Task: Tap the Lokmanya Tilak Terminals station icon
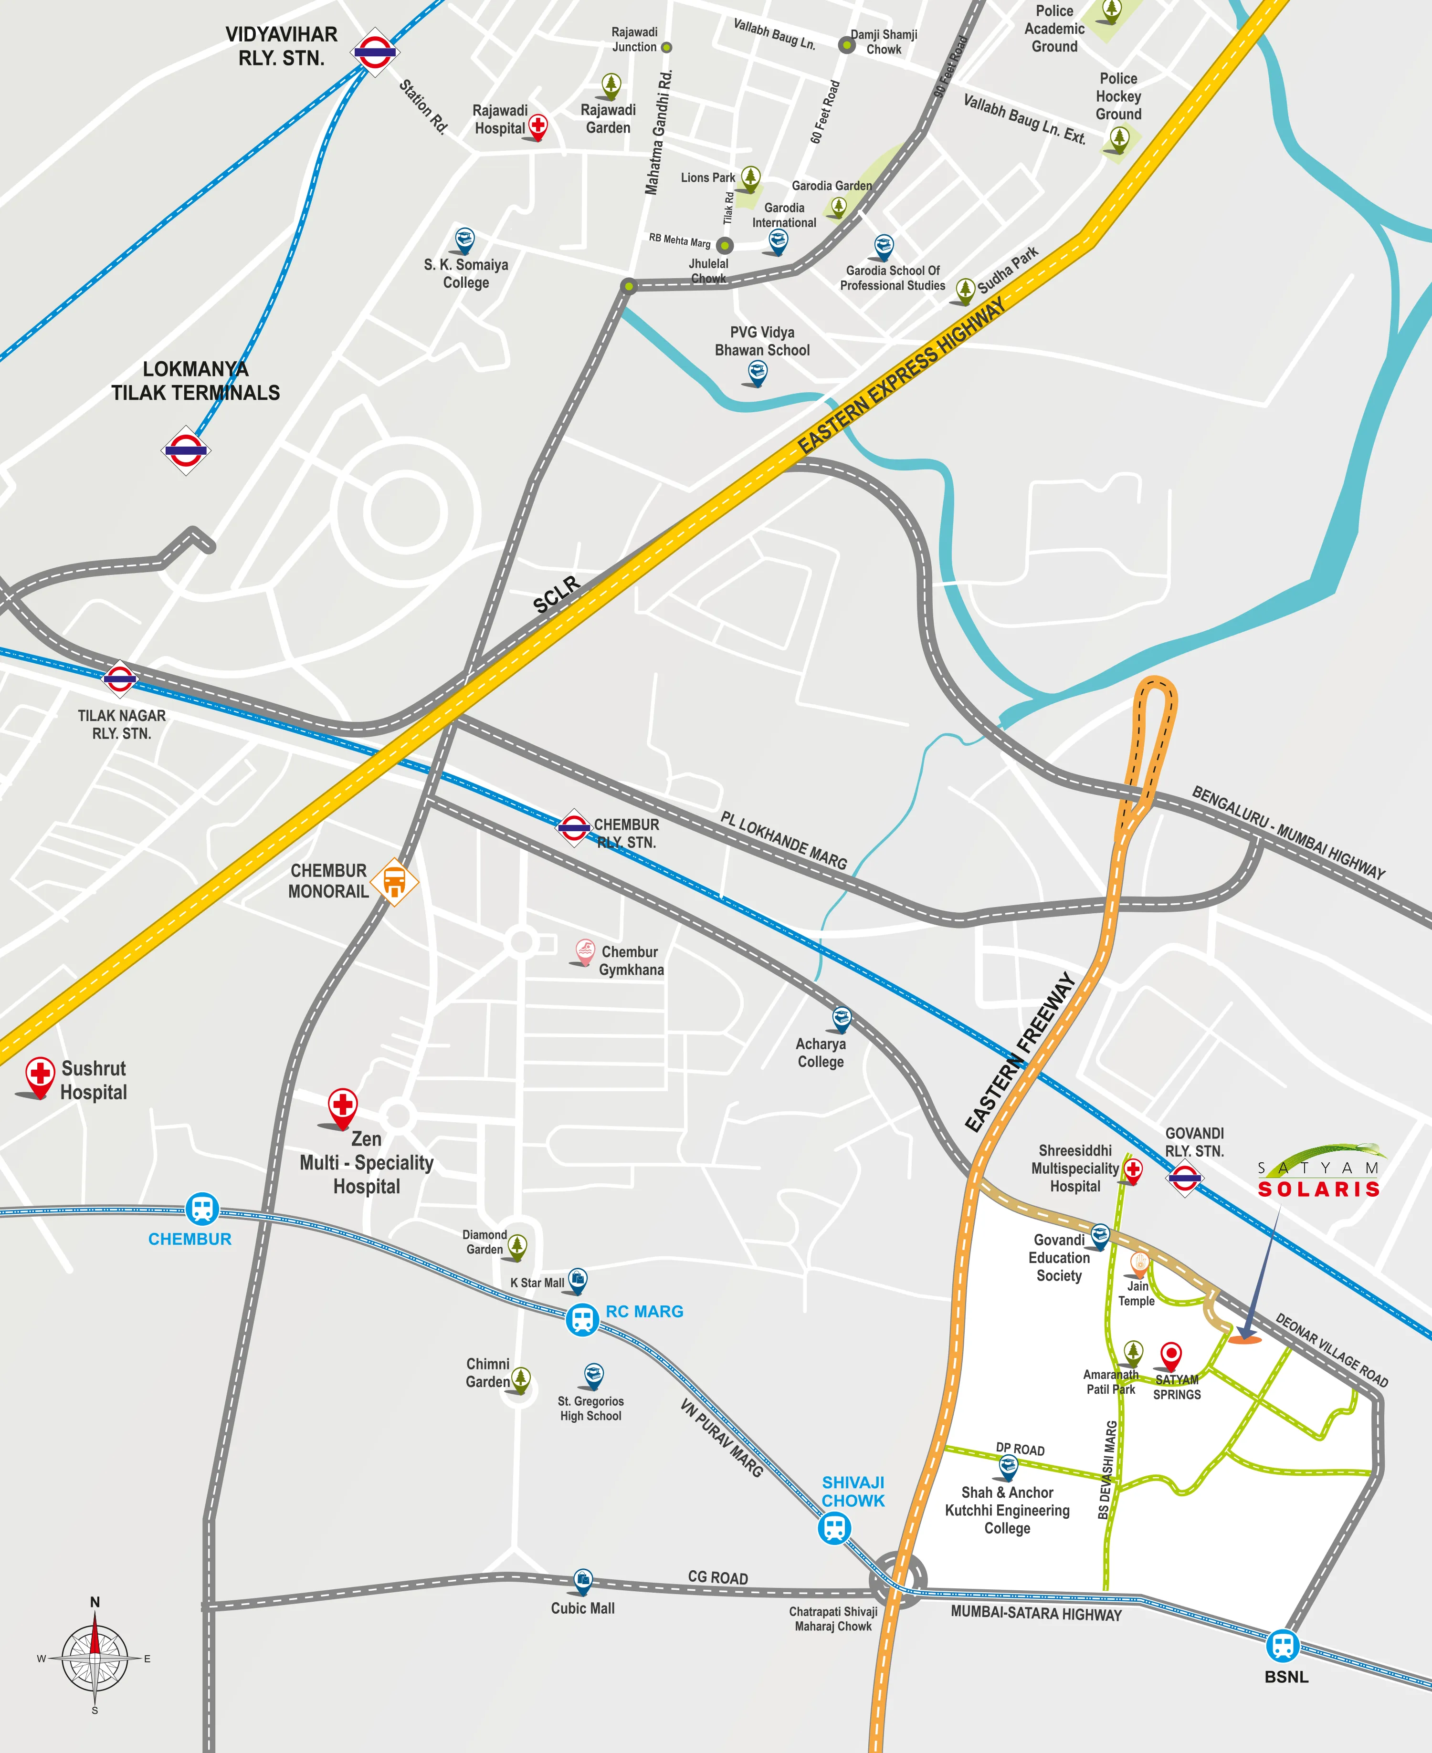[186, 450]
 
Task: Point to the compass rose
[95, 1658]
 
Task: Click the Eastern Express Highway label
[903, 375]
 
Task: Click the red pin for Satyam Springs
[1170, 1355]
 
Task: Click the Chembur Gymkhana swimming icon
[585, 951]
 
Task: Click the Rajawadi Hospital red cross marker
[538, 126]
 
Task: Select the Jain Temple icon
[1139, 1263]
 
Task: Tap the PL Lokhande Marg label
[784, 840]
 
